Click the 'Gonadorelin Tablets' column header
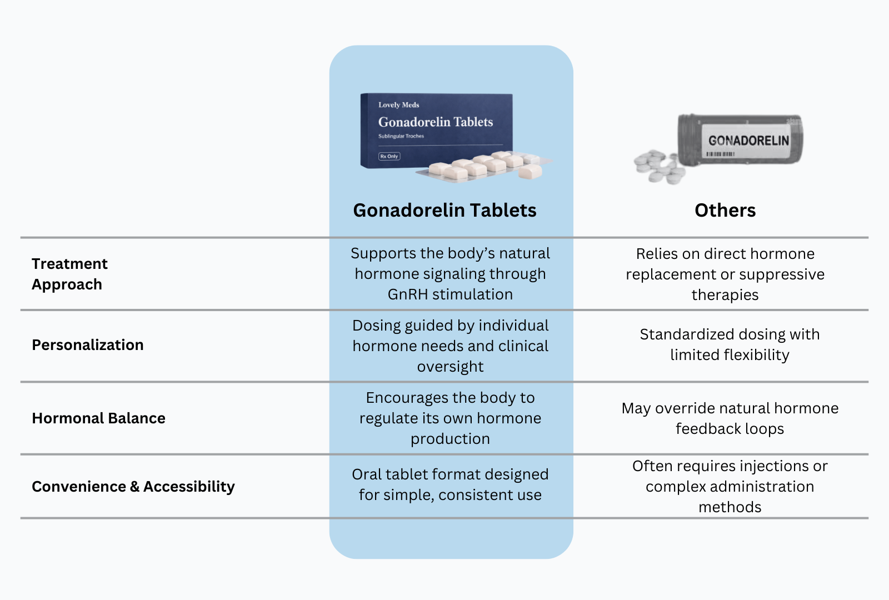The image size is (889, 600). [444, 211]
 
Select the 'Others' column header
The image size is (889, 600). [725, 211]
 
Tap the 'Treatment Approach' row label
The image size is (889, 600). [69, 274]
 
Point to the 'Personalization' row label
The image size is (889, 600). [88, 345]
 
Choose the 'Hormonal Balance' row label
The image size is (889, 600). [98, 418]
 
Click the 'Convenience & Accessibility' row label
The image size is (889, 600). [133, 487]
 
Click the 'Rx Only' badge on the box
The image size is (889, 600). [389, 156]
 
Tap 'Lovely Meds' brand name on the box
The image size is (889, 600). [398, 104]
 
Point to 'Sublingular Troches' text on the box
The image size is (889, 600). [401, 136]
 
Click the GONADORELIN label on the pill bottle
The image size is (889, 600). [748, 140]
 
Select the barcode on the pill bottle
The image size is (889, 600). [721, 154]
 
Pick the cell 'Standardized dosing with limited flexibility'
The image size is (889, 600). [730, 344]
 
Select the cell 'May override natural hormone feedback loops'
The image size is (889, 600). [730, 418]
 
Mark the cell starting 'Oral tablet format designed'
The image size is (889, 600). [450, 484]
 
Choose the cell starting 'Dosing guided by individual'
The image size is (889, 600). [450, 346]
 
